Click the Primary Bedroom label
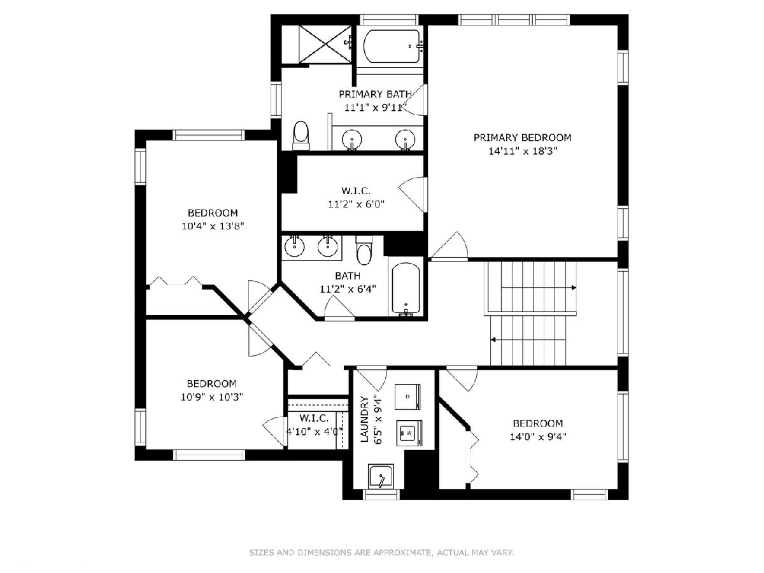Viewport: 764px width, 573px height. (522, 138)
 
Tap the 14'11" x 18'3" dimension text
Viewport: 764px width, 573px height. (523, 152)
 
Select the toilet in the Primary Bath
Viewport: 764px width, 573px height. (301, 136)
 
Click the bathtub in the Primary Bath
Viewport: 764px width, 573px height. (392, 46)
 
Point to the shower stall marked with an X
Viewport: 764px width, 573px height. (325, 45)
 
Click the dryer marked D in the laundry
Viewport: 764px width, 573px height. (407, 397)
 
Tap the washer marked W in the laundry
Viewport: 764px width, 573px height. (409, 433)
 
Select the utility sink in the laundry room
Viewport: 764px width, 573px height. (381, 476)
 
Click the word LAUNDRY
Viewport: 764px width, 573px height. (364, 419)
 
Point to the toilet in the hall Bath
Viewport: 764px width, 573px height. (364, 250)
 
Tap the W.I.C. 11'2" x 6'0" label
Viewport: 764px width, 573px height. (356, 197)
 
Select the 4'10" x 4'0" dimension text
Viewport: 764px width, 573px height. (315, 432)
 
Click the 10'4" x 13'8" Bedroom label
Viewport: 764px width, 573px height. (213, 220)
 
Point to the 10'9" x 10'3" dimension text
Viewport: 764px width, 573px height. (211, 397)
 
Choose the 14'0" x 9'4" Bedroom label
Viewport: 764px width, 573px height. (538, 430)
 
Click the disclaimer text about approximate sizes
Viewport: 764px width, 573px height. (381, 552)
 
